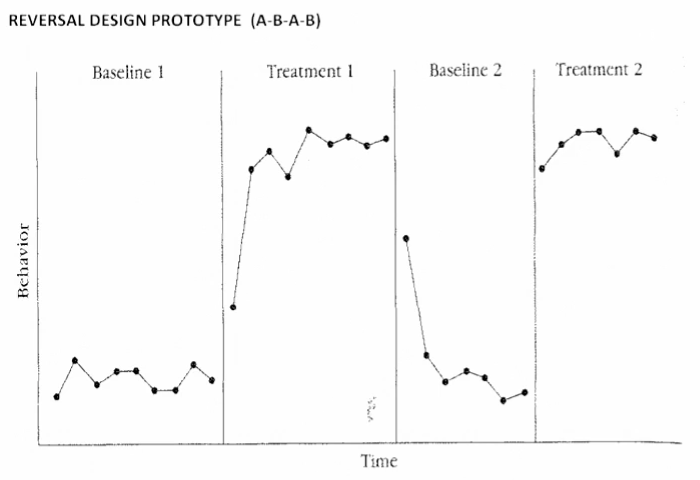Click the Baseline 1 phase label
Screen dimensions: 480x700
(128, 72)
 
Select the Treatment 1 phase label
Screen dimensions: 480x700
(310, 71)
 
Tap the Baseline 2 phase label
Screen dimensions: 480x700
(465, 70)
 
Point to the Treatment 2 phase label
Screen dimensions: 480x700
(599, 70)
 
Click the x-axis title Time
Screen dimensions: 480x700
(379, 462)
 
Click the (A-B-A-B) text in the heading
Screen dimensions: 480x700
(286, 21)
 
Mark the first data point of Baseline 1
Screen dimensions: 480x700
(57, 397)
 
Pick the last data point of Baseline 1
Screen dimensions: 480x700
(212, 380)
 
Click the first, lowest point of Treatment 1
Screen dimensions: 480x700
(233, 307)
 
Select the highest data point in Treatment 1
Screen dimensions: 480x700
(309, 130)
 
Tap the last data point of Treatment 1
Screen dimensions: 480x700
(386, 139)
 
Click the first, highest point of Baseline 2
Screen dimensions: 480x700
(406, 238)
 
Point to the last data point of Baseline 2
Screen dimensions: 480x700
(524, 393)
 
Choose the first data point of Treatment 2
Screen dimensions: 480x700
(542, 169)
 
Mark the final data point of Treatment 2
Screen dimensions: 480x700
(654, 138)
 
